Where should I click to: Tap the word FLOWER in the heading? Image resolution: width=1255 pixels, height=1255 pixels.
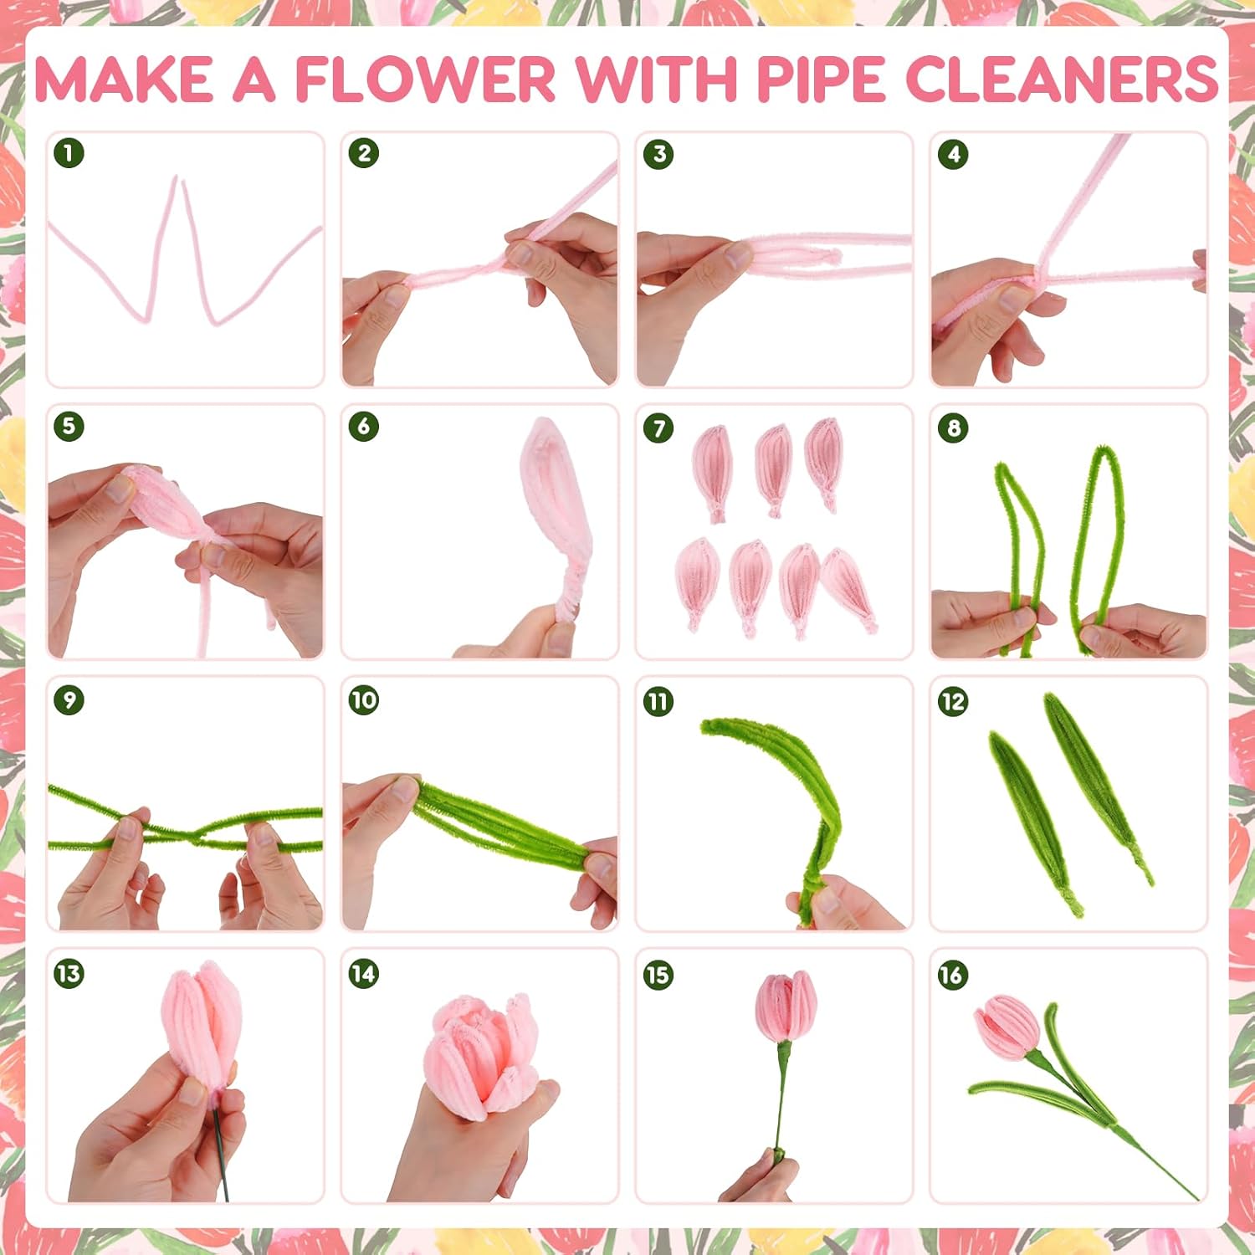point(425,80)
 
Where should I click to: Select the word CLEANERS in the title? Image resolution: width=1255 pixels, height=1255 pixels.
point(1061,80)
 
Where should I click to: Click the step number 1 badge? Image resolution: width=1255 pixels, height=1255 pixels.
point(69,153)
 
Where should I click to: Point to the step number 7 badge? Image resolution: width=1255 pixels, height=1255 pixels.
point(658,428)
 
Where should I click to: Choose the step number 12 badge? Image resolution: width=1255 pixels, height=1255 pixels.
point(953,701)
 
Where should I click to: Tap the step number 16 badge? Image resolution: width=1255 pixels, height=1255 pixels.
point(953,975)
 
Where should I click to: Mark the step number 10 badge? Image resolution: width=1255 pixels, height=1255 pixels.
point(363,700)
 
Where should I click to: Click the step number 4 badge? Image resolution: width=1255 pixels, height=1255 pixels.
point(954,154)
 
